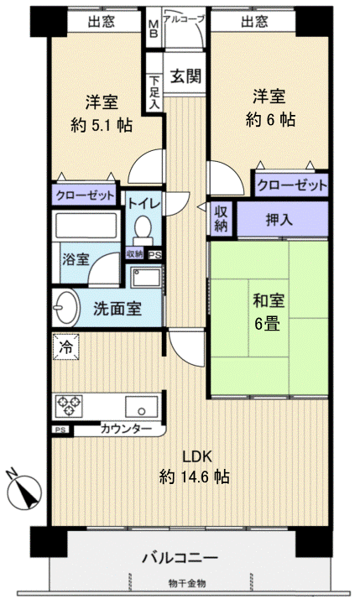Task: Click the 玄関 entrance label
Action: pyautogui.click(x=186, y=76)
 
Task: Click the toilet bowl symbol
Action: pyautogui.click(x=143, y=229)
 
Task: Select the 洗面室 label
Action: pyautogui.click(x=117, y=308)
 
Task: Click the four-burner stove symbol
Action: pyautogui.click(x=69, y=406)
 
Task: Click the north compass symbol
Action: pyautogui.click(x=26, y=492)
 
